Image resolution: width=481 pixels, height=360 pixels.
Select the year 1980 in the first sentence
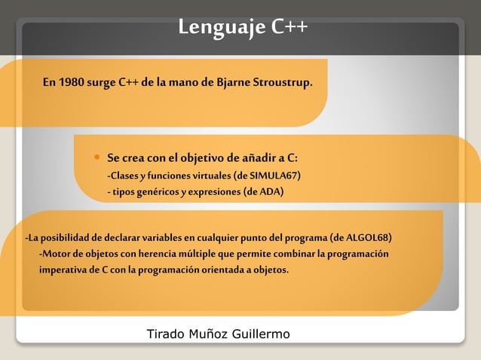coord(70,81)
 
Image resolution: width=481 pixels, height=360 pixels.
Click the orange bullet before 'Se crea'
coord(97,157)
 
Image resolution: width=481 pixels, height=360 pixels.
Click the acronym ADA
coord(270,192)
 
